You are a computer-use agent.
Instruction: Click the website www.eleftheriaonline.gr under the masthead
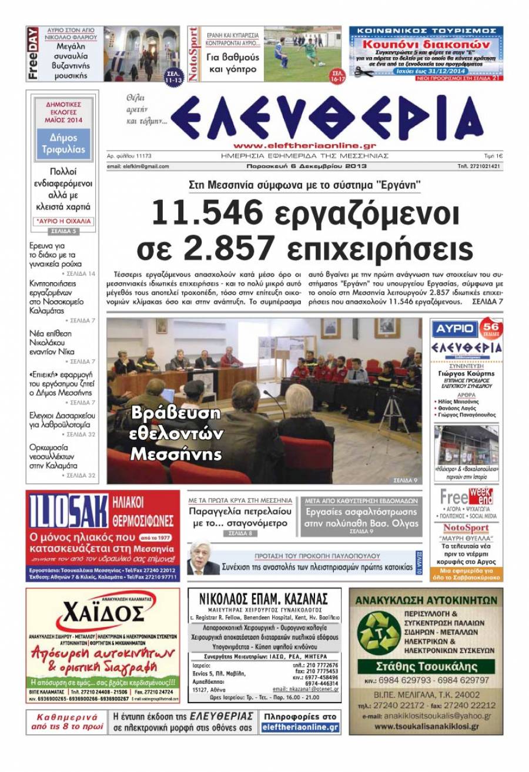click(x=304, y=145)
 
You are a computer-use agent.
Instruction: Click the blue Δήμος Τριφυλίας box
click(x=63, y=144)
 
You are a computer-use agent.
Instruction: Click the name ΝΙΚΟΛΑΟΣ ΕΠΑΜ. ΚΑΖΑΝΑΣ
click(x=264, y=599)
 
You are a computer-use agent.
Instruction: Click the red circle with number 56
click(x=491, y=327)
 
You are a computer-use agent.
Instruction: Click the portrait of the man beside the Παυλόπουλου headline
click(x=203, y=559)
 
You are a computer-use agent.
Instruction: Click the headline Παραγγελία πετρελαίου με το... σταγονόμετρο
click(x=239, y=517)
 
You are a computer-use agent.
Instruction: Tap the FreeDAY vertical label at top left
click(x=33, y=54)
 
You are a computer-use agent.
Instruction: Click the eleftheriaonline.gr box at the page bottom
click(x=301, y=727)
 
